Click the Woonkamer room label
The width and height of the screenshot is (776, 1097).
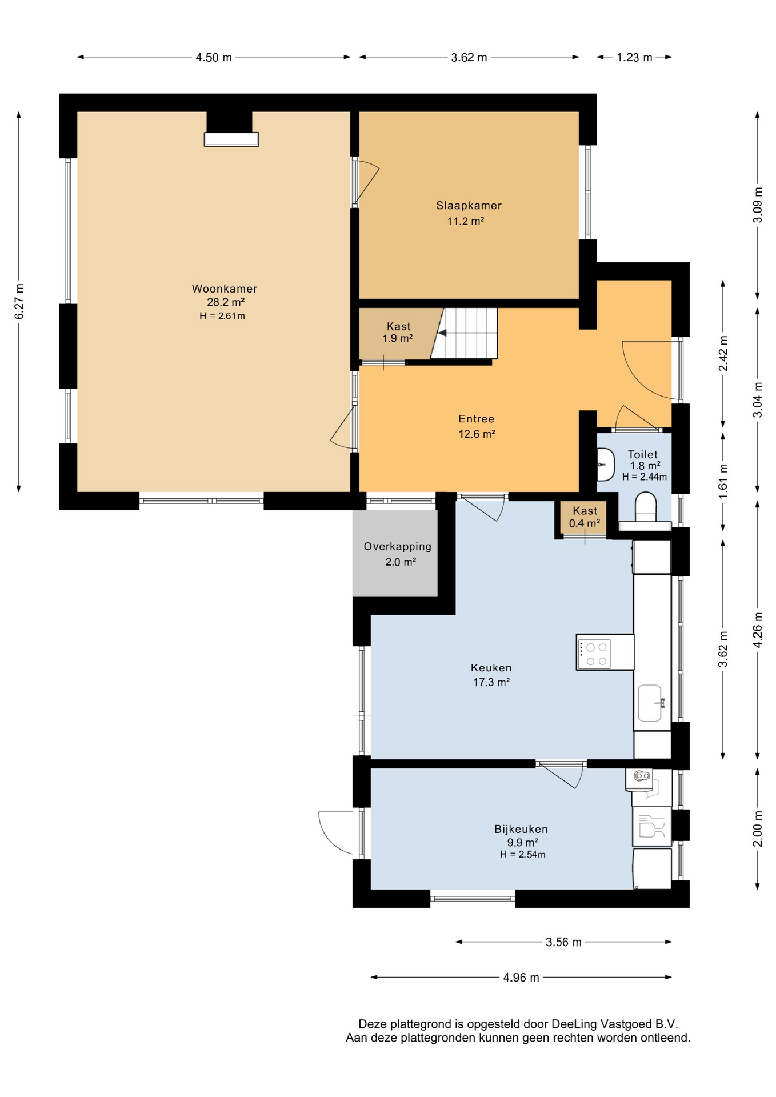(225, 289)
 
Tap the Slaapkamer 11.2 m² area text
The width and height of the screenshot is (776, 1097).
(466, 221)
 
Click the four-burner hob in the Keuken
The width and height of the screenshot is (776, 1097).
(594, 654)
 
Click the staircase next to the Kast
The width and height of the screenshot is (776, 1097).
(464, 333)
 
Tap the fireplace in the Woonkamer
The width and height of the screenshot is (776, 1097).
(231, 139)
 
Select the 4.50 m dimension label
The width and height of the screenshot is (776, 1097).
(214, 57)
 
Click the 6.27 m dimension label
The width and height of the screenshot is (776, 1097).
(19, 301)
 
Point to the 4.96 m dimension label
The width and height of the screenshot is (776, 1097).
(521, 978)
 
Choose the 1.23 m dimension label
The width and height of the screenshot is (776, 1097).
(634, 57)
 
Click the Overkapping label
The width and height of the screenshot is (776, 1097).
(398, 546)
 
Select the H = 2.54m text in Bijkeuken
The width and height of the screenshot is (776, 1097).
(522, 855)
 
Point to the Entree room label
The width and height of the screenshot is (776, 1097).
(476, 419)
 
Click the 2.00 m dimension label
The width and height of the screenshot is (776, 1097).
(758, 828)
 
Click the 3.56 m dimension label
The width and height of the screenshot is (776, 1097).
(563, 942)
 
